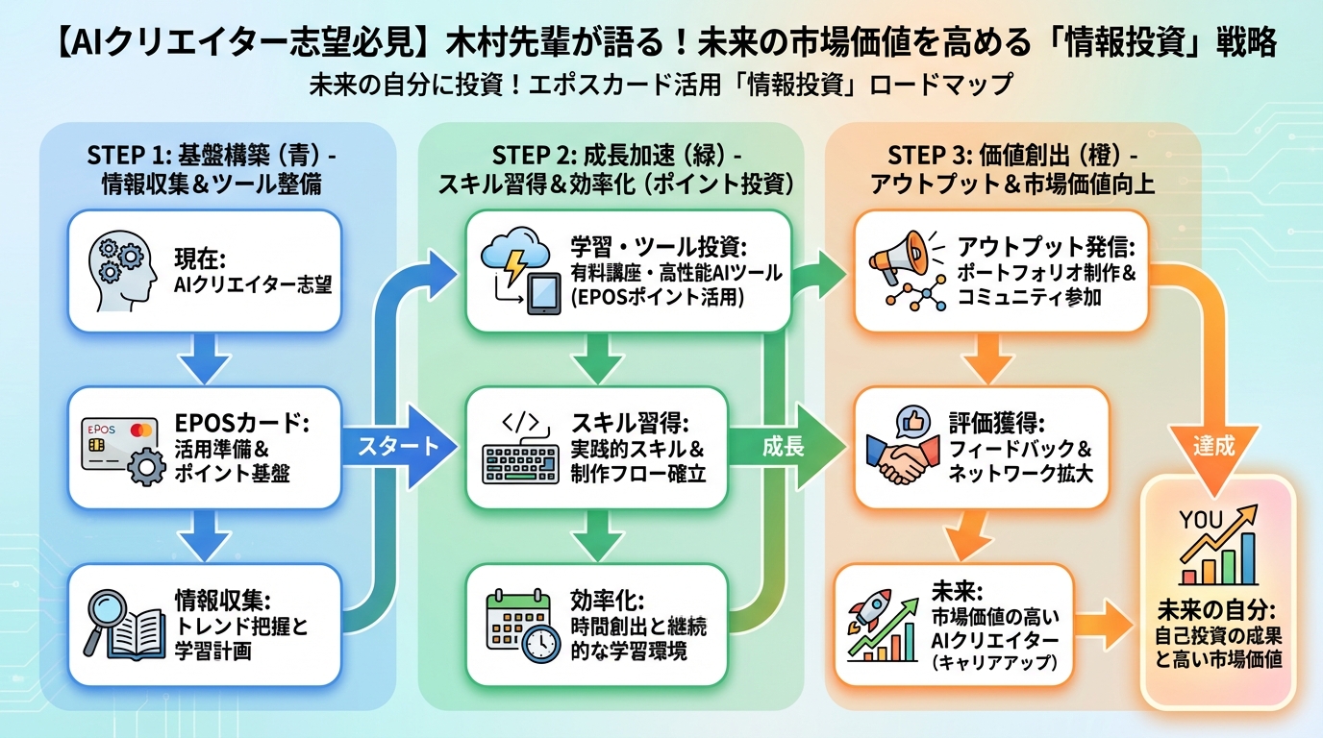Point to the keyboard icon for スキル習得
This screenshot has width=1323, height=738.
coord(517,448)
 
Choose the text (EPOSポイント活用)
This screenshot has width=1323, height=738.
coord(657,298)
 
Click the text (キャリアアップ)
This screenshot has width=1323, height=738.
coord(994,663)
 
